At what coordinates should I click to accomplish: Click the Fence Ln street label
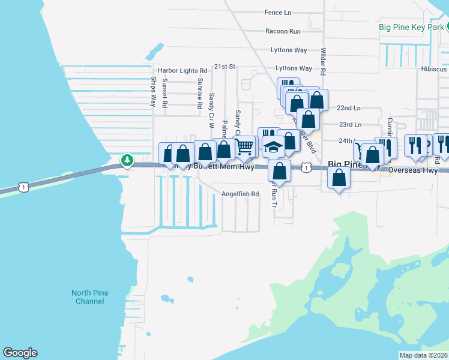(x=277, y=12)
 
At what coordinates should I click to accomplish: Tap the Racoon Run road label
(x=283, y=31)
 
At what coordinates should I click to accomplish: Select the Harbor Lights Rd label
(x=182, y=70)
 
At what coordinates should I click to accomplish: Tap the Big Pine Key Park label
(x=411, y=27)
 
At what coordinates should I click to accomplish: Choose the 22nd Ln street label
(x=349, y=108)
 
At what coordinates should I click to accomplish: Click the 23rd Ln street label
(x=350, y=125)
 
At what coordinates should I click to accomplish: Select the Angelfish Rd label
(x=240, y=194)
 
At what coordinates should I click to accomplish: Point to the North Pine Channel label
(x=90, y=297)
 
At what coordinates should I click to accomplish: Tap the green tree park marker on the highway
(x=127, y=160)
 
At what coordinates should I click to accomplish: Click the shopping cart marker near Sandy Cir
(x=244, y=146)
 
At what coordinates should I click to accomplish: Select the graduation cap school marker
(x=273, y=147)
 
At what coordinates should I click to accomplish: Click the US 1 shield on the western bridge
(x=23, y=187)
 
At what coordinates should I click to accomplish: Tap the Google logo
(x=20, y=353)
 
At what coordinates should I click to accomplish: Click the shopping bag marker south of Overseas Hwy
(x=339, y=178)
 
